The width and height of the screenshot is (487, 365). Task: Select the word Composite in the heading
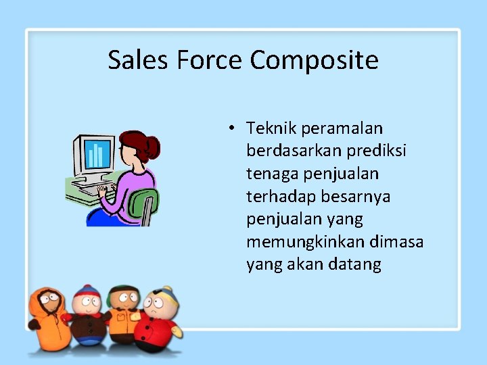(314, 62)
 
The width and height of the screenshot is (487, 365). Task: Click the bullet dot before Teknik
(231, 128)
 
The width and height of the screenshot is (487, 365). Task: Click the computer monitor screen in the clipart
(97, 154)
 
